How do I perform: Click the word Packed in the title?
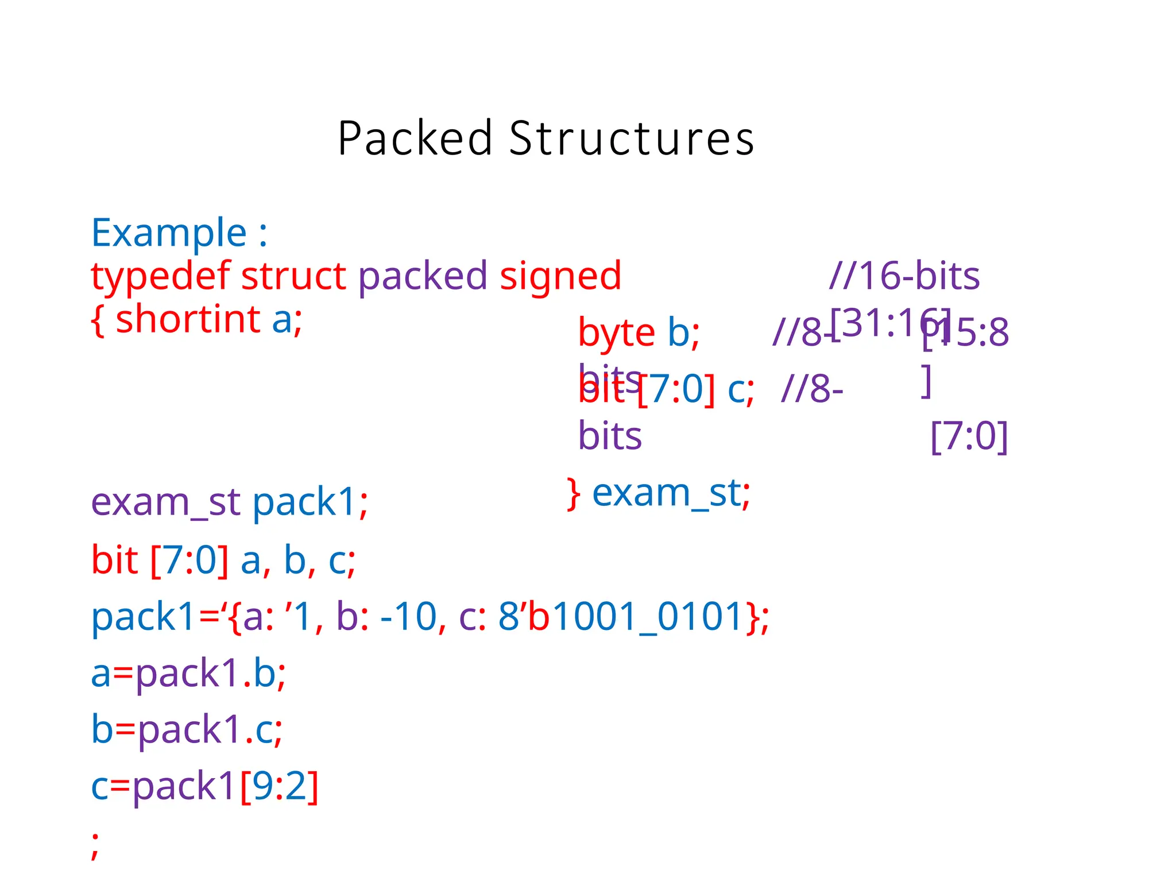[x=415, y=139]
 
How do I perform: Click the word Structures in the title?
[x=631, y=139]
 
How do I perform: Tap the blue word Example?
[x=169, y=233]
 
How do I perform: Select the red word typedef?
[x=161, y=277]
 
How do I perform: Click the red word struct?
[x=293, y=276]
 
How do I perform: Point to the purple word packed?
[x=423, y=277]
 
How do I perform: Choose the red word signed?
[x=560, y=277]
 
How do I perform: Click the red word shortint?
[x=188, y=319]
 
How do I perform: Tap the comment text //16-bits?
[x=904, y=276]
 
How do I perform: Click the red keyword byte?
[x=616, y=333]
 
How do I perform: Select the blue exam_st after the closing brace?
[x=666, y=493]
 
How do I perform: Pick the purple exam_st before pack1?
[x=165, y=502]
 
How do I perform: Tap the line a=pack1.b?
[x=188, y=673]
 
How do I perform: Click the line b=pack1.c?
[x=187, y=730]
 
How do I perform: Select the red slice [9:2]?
[x=279, y=786]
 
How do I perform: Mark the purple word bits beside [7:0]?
[x=610, y=436]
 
